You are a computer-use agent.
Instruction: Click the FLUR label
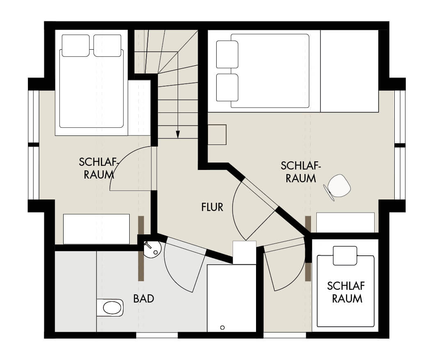tap(212, 207)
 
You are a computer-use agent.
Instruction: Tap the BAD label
tap(144, 298)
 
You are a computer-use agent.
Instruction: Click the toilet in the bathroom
tap(110, 307)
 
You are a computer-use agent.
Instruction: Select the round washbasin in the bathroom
tap(153, 249)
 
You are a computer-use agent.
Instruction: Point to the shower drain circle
tap(222, 327)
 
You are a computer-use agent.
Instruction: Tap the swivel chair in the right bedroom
tap(337, 187)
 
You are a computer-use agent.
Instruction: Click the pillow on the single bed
tap(345, 256)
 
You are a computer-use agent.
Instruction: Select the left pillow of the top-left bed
tap(75, 46)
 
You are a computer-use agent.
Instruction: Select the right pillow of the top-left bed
tap(107, 46)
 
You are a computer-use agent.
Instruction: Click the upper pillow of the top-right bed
tap(227, 54)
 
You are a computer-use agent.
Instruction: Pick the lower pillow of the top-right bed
tap(227, 87)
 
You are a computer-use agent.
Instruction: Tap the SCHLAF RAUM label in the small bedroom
tap(346, 292)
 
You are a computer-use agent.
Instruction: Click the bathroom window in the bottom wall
tap(157, 335)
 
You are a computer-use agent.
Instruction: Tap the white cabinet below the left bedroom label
tap(96, 229)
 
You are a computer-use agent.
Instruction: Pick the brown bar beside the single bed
tap(308, 272)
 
